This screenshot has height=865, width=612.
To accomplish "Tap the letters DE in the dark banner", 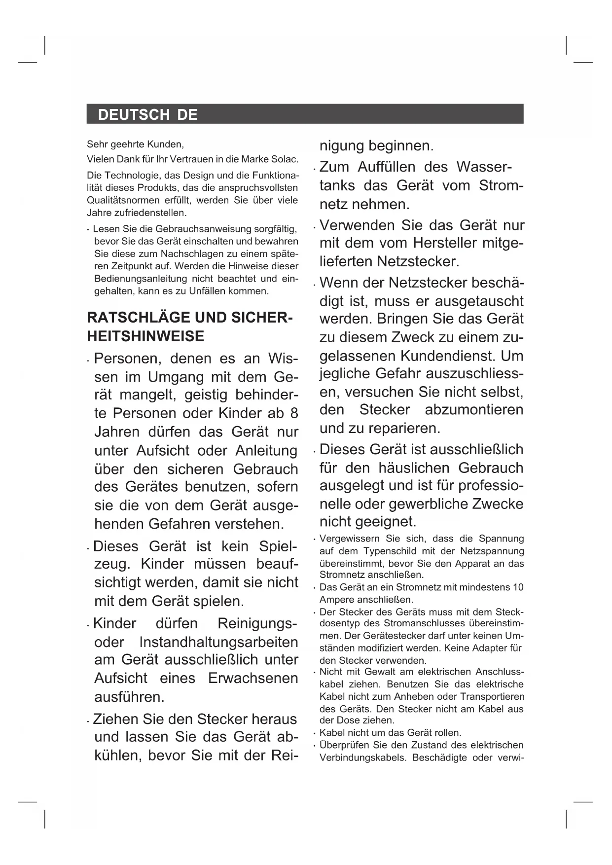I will coord(187,115).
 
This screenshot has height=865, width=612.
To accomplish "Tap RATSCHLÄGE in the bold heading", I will coord(135,317).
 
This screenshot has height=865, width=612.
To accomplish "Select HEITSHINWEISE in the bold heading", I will coord(145,336).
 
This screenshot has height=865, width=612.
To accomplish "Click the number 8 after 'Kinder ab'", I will coord(294,413).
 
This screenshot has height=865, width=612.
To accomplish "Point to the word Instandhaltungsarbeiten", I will coord(219,643).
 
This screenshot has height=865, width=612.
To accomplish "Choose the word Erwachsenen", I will coord(253,679).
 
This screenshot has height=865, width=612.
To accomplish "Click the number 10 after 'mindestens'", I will coord(518,587).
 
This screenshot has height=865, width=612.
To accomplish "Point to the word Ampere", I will coord(336,600).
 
